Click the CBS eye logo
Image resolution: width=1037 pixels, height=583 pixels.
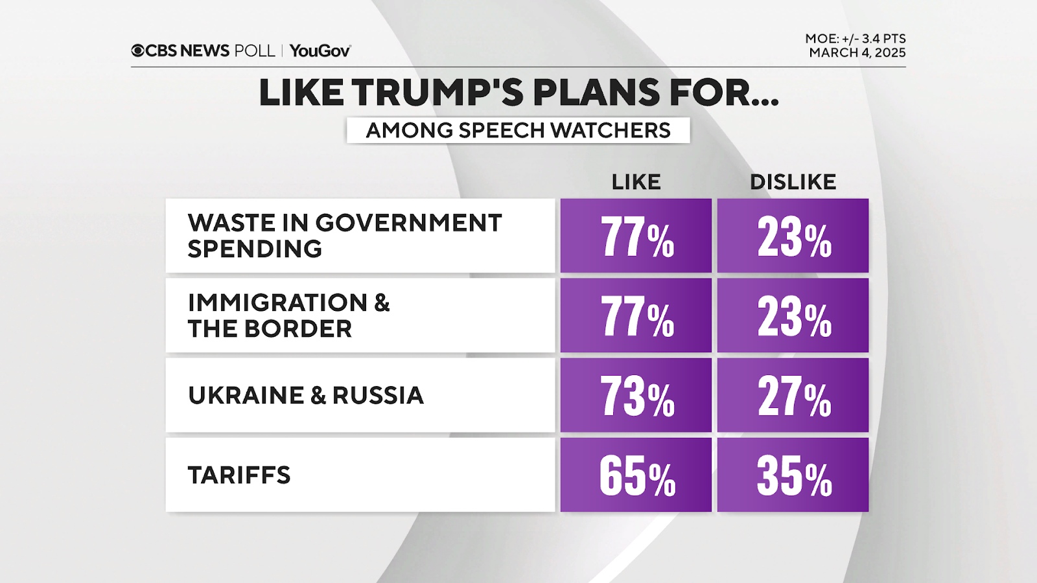138,51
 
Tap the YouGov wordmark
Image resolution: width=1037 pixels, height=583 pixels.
320,51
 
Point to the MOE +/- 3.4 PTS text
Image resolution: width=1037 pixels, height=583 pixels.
856,39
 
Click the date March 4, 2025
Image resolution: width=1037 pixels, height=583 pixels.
857,53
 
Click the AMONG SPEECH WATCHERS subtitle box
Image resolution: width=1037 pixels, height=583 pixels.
518,130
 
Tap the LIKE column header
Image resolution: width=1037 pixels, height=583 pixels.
636,182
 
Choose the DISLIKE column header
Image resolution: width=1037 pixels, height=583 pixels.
793,182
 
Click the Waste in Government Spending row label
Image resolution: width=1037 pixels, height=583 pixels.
345,236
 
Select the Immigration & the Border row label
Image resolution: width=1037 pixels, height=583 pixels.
289,315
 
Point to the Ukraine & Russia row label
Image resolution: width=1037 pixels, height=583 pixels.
306,395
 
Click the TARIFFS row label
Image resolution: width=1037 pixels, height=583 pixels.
239,475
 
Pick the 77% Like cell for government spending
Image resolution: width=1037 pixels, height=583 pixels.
636,236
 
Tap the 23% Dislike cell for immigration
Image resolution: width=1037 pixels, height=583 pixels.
793,315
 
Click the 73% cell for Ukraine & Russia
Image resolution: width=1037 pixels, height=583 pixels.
636,395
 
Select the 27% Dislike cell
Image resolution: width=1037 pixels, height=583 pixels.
793,395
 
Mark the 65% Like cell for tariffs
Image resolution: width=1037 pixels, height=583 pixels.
636,475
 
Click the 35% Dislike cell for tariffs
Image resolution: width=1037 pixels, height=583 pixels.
793,475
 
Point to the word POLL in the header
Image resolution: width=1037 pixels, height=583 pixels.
254,51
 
